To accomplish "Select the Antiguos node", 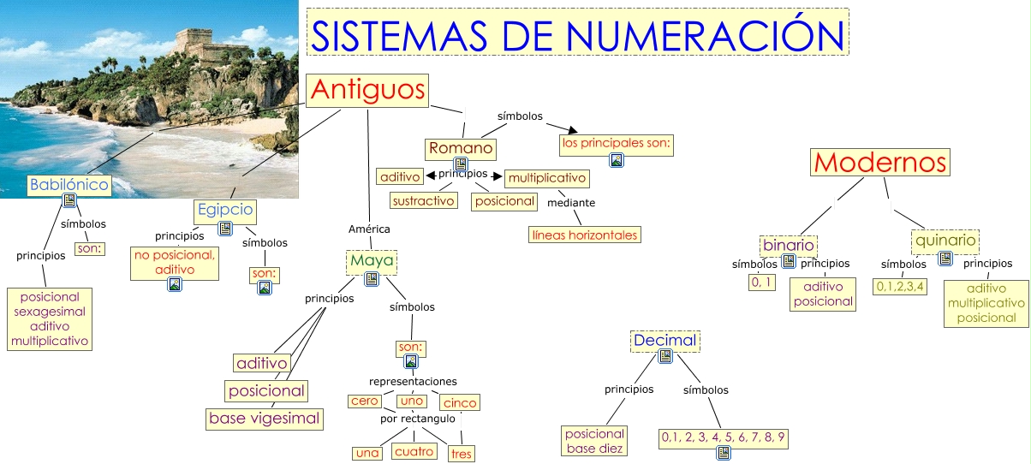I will pos(367,90).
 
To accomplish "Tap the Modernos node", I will pos(880,163).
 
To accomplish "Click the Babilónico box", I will pos(69,184).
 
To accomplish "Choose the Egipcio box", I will pos(224,209).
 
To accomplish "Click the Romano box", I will pos(461,148).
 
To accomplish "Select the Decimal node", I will pos(665,341).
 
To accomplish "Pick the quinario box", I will pos(945,241).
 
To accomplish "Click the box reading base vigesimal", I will pos(265,419).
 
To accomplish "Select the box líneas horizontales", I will pos(585,234).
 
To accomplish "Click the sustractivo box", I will pos(423,200).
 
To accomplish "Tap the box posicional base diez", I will pos(594,441).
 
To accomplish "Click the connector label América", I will pos(369,229).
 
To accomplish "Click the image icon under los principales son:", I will pos(616,160).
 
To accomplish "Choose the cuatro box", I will pos(414,451).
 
